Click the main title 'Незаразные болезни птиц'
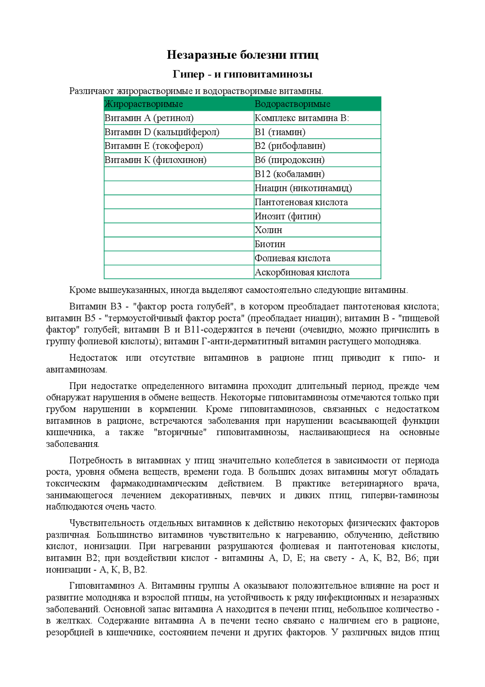(x=242, y=55)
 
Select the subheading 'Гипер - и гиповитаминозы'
(x=242, y=74)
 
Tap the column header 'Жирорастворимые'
(x=144, y=104)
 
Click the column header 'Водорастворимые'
(x=292, y=104)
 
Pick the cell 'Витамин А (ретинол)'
(x=149, y=118)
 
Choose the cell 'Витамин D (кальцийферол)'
(x=162, y=132)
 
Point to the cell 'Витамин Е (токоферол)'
(x=153, y=146)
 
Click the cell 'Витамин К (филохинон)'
(x=155, y=160)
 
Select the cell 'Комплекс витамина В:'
(x=302, y=118)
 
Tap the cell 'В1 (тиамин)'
(x=280, y=132)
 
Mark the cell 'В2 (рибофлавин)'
(x=290, y=146)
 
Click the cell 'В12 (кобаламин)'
(x=289, y=174)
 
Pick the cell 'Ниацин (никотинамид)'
(x=303, y=188)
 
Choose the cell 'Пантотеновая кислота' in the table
(x=301, y=202)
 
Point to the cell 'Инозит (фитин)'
(x=288, y=216)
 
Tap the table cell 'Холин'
(x=268, y=230)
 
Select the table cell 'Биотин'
(x=270, y=244)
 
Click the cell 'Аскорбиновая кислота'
(x=302, y=272)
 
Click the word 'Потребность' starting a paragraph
(x=95, y=461)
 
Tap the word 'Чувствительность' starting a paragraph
(x=106, y=523)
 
